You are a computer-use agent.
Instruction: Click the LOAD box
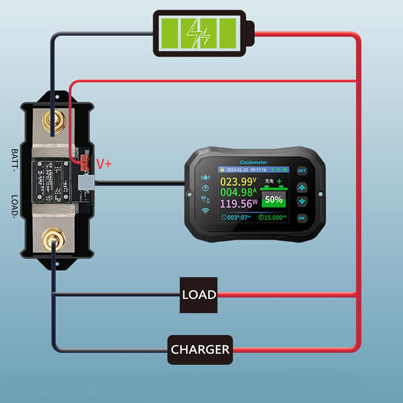point(199,295)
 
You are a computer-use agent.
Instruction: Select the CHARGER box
point(200,350)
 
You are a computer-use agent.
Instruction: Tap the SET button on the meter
point(302,171)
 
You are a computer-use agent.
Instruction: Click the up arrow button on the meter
point(302,188)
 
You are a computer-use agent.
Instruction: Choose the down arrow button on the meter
point(302,201)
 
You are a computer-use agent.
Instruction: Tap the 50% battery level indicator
point(274,200)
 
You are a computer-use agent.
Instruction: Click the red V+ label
point(104,164)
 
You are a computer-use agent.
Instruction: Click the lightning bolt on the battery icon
point(198,34)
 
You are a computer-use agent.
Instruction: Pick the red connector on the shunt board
point(85,162)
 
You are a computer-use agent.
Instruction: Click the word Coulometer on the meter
point(253,162)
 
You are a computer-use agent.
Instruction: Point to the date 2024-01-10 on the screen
point(237,170)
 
